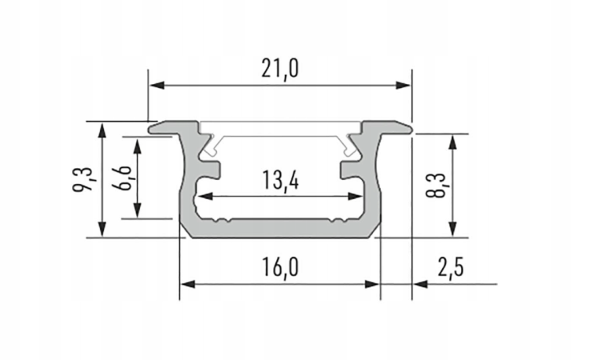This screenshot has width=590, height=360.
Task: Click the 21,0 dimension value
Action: tap(280, 69)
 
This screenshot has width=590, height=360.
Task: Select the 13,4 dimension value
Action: tap(280, 182)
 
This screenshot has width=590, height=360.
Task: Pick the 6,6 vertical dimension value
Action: tap(121, 179)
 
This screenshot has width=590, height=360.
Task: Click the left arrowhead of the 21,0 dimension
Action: tap(155, 84)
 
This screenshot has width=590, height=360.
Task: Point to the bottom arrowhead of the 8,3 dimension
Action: tap(453, 229)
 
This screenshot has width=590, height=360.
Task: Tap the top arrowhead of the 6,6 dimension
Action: tap(138, 147)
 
